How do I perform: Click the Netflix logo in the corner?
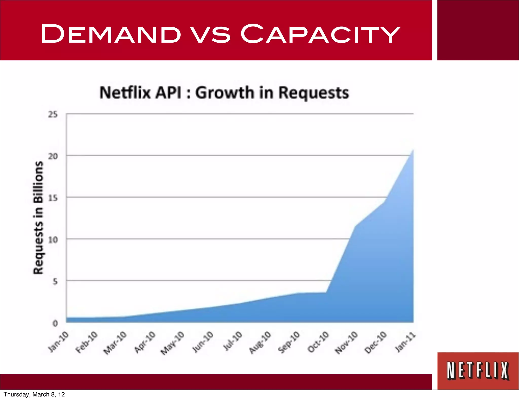[x=478, y=371]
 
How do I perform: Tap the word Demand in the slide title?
[x=111, y=34]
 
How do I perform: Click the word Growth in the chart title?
[x=225, y=93]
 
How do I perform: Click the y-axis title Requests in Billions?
[x=38, y=218]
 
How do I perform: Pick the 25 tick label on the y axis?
[x=53, y=115]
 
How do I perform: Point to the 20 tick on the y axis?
[x=53, y=156]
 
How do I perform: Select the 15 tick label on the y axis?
[x=53, y=198]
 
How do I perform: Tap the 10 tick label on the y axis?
[x=53, y=240]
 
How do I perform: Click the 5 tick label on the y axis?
[x=55, y=281]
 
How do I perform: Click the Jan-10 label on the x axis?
[x=59, y=342]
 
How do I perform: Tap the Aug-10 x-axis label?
[x=260, y=342]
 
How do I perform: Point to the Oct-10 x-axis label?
[x=318, y=342]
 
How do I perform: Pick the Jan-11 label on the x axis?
[x=405, y=342]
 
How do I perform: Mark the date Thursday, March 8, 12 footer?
[x=34, y=394]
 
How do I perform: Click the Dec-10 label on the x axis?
[x=376, y=342]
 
